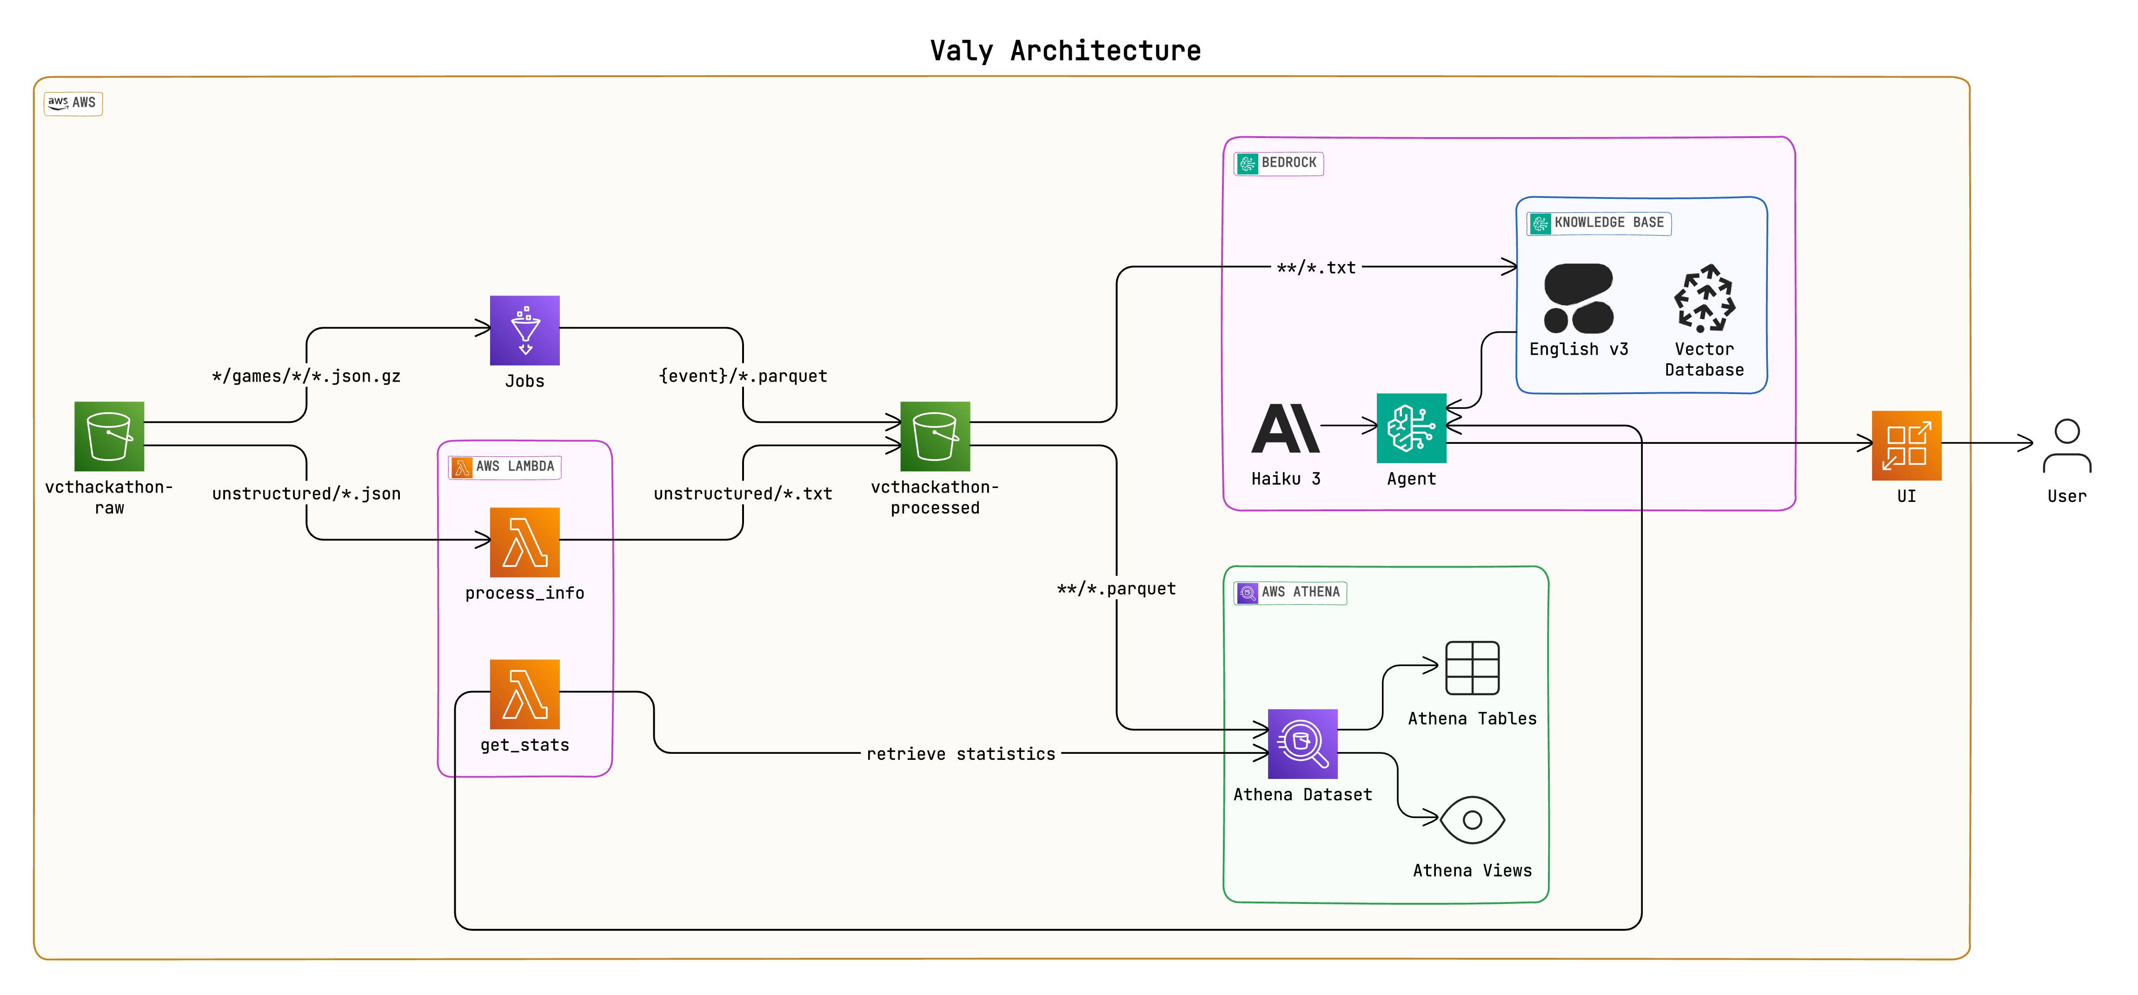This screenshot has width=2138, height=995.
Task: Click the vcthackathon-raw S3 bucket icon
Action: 109,436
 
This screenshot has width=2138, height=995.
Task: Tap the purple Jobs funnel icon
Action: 525,330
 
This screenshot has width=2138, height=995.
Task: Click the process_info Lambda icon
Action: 525,542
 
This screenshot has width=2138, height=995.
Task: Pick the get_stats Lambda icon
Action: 525,694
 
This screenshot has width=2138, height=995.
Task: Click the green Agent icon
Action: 1411,428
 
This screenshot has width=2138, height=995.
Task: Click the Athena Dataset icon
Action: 1302,744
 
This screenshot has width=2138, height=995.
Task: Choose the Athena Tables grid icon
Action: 1472,667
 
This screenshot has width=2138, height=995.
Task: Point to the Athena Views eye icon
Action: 1472,820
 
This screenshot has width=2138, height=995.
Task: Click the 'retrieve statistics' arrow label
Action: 960,753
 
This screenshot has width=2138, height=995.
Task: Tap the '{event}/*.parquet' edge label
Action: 743,376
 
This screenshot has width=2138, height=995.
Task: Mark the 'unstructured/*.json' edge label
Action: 306,494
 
